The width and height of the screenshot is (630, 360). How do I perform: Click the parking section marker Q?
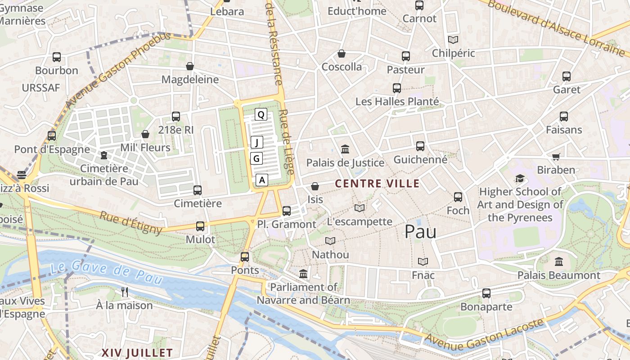[x=261, y=114]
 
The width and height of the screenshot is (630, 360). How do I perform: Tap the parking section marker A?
[x=262, y=180]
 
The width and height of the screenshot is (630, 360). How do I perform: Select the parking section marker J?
[x=256, y=143]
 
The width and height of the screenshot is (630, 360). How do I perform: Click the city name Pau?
[x=420, y=231]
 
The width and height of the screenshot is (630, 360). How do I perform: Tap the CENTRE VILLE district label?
[x=377, y=184]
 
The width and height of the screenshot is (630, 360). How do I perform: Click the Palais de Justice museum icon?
[x=345, y=149]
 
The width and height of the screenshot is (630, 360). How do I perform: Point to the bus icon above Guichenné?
[x=420, y=146]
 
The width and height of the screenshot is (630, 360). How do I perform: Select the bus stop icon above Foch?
[x=458, y=197]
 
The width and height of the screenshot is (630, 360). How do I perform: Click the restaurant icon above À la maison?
[x=125, y=292]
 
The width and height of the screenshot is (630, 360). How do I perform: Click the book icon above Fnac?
[x=423, y=261]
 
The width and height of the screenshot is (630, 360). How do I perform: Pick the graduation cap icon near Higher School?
[x=520, y=178]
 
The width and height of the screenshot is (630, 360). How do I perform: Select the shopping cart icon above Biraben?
[x=556, y=157]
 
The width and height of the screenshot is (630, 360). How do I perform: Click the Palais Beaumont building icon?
[x=558, y=261]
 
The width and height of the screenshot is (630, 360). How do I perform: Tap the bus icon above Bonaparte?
[x=486, y=293]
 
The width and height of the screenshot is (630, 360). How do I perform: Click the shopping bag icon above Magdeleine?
[x=190, y=66]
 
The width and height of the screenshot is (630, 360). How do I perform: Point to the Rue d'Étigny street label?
[x=131, y=223]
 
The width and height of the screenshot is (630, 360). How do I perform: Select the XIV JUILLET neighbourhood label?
[x=137, y=353]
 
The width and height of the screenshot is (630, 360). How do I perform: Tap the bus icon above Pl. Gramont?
[x=286, y=211]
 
